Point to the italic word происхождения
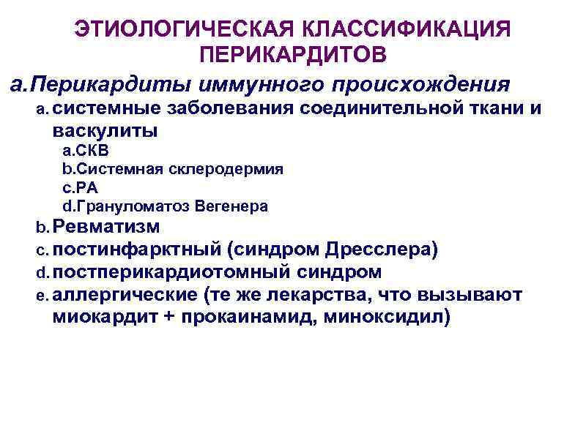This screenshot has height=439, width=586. click(420, 82)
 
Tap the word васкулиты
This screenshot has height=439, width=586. click(105, 132)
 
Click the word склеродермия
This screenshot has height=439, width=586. click(228, 170)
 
